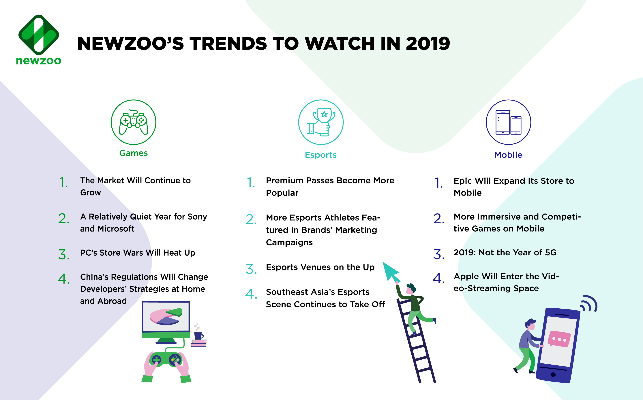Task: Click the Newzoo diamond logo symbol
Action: [39, 35]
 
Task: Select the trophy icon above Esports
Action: [321, 122]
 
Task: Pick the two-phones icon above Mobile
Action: [508, 122]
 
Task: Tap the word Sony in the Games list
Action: [197, 216]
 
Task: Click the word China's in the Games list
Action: [94, 277]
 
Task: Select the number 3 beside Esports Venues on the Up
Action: [251, 269]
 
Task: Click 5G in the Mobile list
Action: [551, 252]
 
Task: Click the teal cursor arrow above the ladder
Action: [390, 271]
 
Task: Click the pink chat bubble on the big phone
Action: [558, 339]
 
